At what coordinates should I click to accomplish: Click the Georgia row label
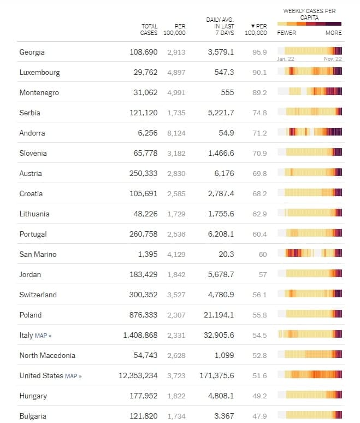32,52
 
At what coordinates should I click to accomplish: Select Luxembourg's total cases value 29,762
145,73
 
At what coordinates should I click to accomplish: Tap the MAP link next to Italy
43,336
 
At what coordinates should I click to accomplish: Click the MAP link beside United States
73,376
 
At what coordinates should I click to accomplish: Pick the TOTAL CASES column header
149,30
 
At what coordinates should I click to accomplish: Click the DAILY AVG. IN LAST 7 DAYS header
220,26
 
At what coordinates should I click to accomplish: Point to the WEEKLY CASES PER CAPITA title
309,14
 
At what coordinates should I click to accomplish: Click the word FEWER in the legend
287,33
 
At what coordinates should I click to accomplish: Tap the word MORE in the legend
333,33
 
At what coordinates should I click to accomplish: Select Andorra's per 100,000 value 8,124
176,133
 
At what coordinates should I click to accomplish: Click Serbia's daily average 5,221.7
221,113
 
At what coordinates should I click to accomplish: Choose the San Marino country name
38,255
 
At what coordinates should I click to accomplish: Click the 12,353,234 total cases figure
138,376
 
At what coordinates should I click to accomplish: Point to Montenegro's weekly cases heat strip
309,92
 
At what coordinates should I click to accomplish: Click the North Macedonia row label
47,356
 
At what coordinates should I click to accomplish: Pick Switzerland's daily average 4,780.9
221,295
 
